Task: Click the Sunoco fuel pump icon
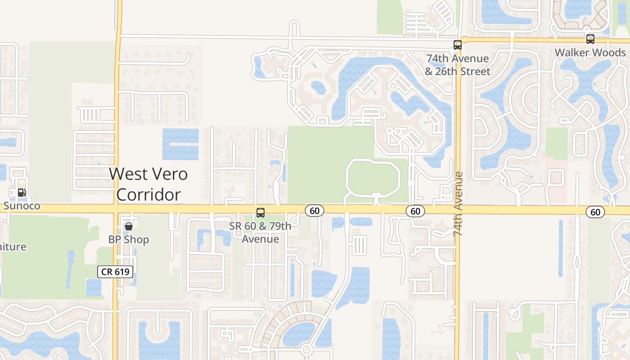pyautogui.click(x=21, y=193)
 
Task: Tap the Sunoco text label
pyautogui.click(x=22, y=206)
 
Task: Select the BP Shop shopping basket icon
pyautogui.click(x=129, y=226)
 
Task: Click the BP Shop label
pyautogui.click(x=129, y=239)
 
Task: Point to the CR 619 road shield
pyautogui.click(x=115, y=271)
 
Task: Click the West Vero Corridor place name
pyautogui.click(x=148, y=184)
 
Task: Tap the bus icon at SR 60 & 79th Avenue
pyautogui.click(x=260, y=213)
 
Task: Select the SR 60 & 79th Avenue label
pyautogui.click(x=260, y=232)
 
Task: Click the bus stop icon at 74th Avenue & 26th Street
pyautogui.click(x=458, y=45)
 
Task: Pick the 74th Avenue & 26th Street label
pyautogui.click(x=458, y=65)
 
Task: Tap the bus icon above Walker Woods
pyautogui.click(x=590, y=39)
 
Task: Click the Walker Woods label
pyautogui.click(x=590, y=53)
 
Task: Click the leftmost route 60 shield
pyautogui.click(x=315, y=211)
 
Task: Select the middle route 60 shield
pyautogui.click(x=415, y=211)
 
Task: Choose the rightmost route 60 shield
pyautogui.click(x=595, y=212)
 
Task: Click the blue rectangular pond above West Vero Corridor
pyautogui.click(x=180, y=144)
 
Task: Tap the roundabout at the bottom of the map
pyautogui.click(x=306, y=349)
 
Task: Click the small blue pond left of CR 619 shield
pyautogui.click(x=94, y=287)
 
